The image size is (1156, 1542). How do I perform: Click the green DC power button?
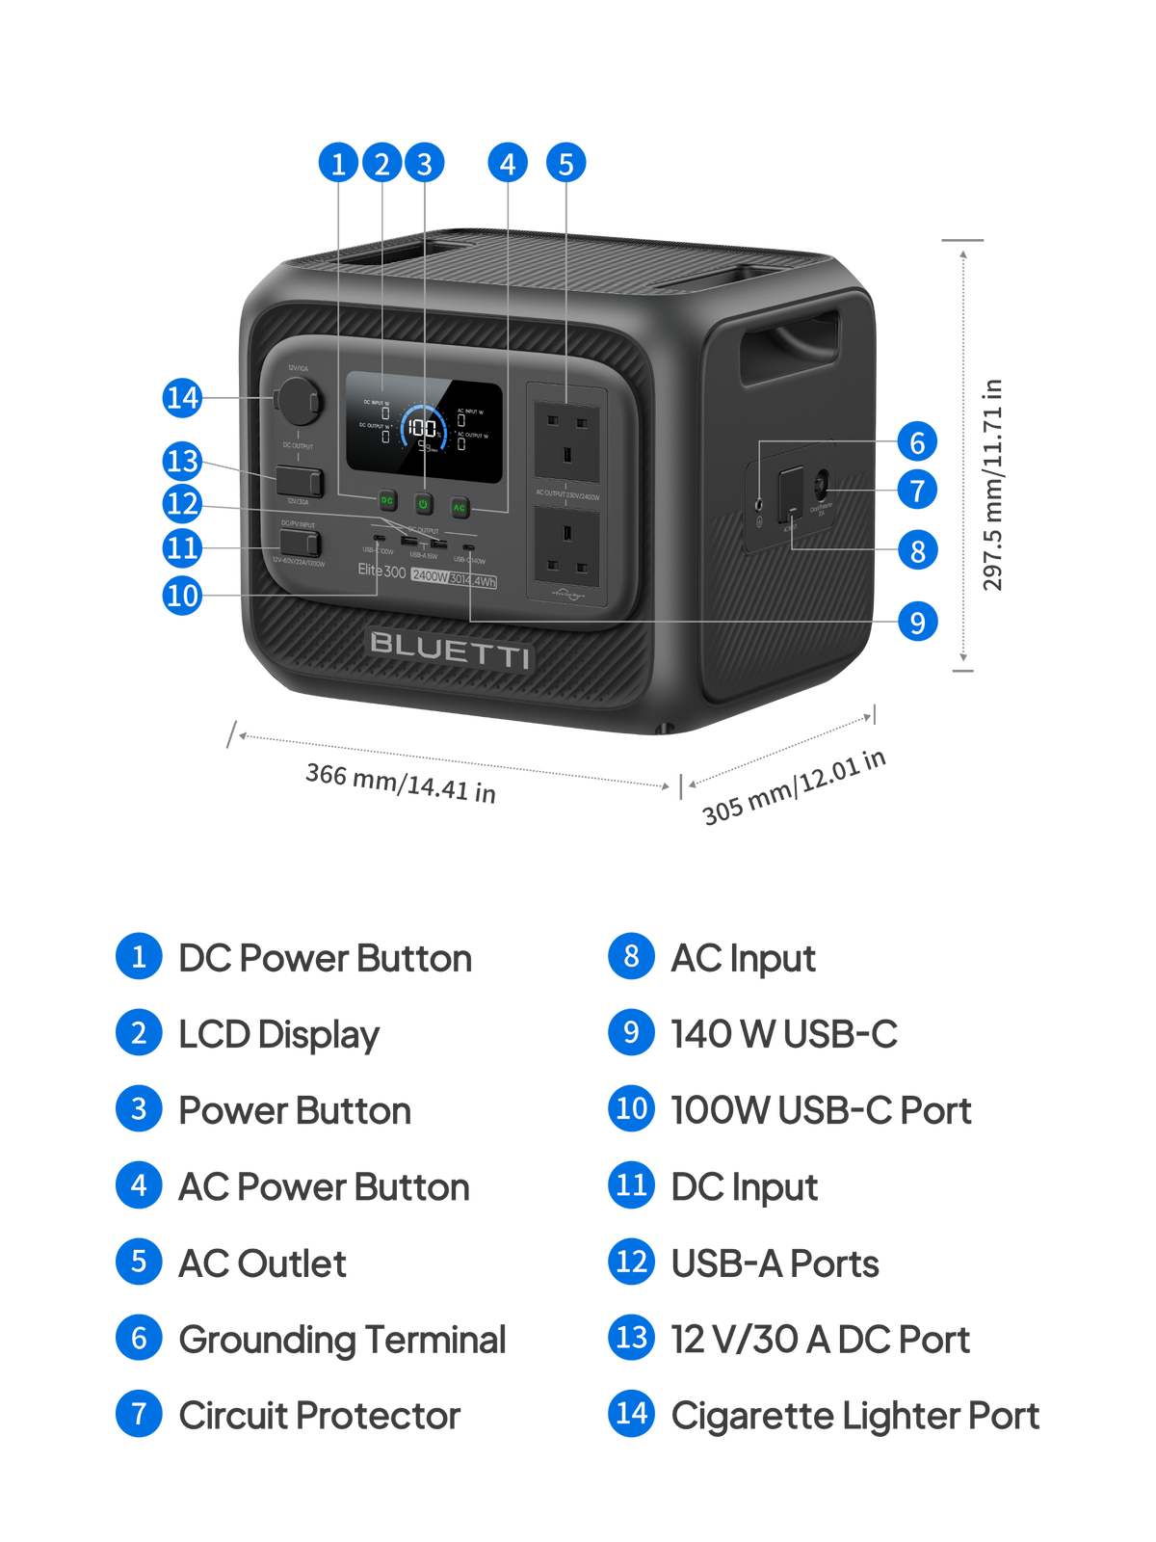click(387, 501)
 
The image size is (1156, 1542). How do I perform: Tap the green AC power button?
click(460, 507)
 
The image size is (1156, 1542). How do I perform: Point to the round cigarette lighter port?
click(297, 400)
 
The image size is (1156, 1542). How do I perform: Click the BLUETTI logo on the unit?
click(450, 650)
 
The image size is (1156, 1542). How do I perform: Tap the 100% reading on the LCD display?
click(421, 428)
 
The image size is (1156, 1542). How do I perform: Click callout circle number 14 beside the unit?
click(182, 397)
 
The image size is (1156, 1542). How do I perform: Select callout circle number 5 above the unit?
click(565, 164)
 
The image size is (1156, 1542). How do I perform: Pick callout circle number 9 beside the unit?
click(917, 622)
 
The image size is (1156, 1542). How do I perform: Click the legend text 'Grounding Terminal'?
click(342, 1340)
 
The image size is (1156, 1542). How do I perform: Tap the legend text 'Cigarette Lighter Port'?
click(855, 1416)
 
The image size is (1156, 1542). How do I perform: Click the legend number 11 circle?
click(631, 1185)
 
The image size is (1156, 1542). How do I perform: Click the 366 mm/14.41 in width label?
click(401, 783)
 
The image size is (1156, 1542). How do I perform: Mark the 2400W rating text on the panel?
click(430, 576)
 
